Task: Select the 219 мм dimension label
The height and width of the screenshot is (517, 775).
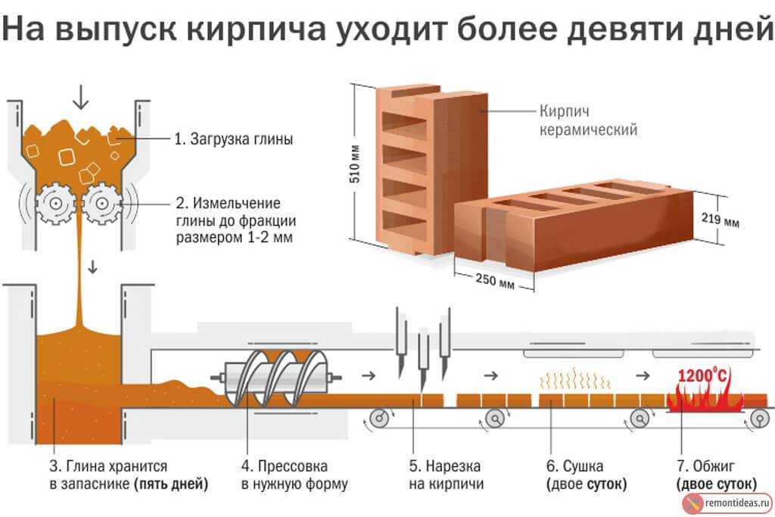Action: (721, 219)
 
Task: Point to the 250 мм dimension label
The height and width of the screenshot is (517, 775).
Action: (495, 281)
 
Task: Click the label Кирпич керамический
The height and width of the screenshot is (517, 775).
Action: (588, 120)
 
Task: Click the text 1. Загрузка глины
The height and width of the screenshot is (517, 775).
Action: (234, 139)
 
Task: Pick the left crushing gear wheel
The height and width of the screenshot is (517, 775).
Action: (56, 203)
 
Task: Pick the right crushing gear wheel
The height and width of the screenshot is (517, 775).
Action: (101, 203)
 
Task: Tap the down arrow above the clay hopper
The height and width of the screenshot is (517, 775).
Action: (80, 96)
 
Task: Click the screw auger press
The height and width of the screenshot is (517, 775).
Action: (276, 378)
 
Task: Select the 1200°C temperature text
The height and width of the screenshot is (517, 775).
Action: (702, 375)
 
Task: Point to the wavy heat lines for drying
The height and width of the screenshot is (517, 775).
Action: (575, 378)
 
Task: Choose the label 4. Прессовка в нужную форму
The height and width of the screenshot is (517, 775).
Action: (294, 475)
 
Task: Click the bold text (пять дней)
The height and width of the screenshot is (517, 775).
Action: (170, 484)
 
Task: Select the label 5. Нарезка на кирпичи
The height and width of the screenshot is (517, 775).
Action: (446, 475)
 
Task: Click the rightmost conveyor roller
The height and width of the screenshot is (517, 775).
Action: (759, 419)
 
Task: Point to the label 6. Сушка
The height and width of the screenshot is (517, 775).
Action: (575, 466)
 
